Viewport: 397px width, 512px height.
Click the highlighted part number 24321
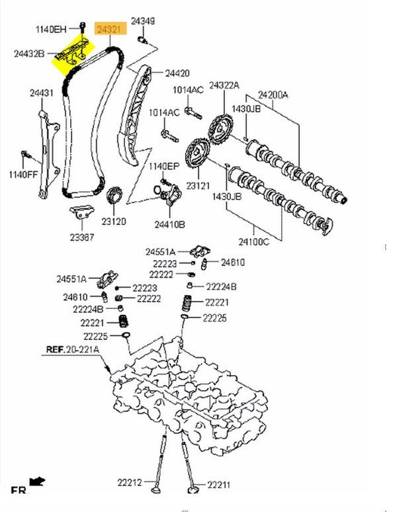click(110, 28)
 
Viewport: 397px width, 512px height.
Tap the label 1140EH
click(50, 29)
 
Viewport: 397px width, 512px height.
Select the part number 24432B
click(29, 54)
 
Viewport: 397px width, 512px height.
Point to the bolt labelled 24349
click(142, 40)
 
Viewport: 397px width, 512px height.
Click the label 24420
click(177, 73)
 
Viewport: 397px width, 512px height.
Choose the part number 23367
click(81, 237)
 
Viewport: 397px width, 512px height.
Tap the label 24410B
click(170, 225)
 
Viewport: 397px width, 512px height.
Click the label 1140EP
click(164, 167)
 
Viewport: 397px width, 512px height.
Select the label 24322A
click(224, 85)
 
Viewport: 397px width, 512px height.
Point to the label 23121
click(198, 186)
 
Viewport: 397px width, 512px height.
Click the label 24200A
click(273, 95)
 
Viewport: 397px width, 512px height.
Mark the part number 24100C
click(253, 242)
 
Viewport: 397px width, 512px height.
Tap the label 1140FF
click(24, 175)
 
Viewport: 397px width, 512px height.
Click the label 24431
click(42, 93)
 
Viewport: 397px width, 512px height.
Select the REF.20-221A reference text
click(72, 349)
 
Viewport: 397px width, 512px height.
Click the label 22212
click(130, 482)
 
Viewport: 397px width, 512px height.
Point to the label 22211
click(218, 485)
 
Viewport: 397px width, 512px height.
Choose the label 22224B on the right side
click(221, 286)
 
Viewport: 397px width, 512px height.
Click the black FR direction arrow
click(37, 481)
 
